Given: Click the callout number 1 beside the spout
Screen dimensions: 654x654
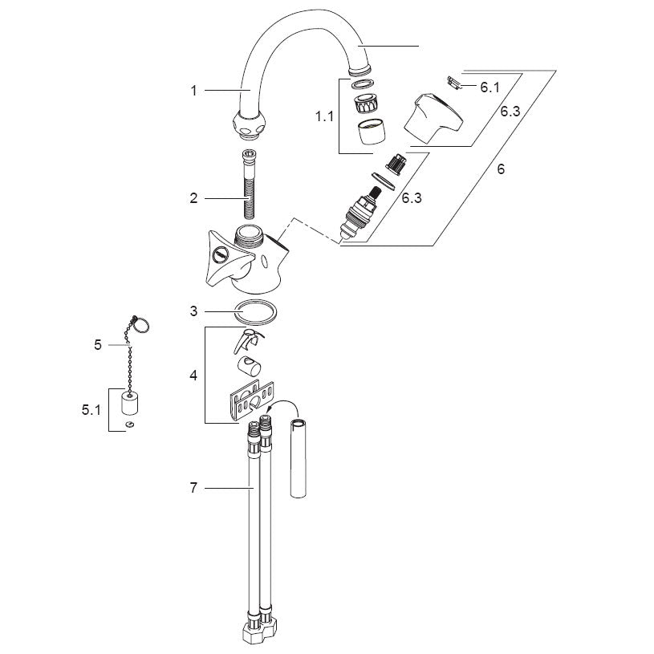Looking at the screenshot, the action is (193, 91).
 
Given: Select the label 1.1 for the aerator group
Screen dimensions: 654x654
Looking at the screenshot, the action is (324, 116).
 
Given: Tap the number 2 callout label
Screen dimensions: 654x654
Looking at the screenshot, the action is (193, 198).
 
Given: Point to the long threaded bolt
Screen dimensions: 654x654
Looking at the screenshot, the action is (250, 184).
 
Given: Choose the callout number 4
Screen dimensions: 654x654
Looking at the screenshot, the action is (193, 376).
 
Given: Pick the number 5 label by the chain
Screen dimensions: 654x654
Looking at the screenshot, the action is (98, 345).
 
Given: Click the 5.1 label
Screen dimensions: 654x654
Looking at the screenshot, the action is (91, 410).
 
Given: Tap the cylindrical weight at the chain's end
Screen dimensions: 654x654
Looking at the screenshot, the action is (130, 402).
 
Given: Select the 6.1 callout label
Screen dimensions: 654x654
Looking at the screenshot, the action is (489, 87).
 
